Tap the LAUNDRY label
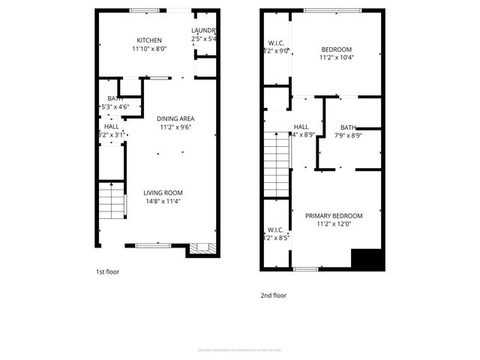point(204,31)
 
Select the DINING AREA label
point(175,118)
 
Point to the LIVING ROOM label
point(163,193)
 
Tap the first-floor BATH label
point(115,98)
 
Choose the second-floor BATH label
point(348,127)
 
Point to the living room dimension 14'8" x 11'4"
point(163,201)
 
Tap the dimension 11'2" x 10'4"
point(336,57)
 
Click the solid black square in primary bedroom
point(367,259)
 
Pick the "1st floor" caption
point(107,271)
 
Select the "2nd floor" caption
point(273,295)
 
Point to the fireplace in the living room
point(201,249)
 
